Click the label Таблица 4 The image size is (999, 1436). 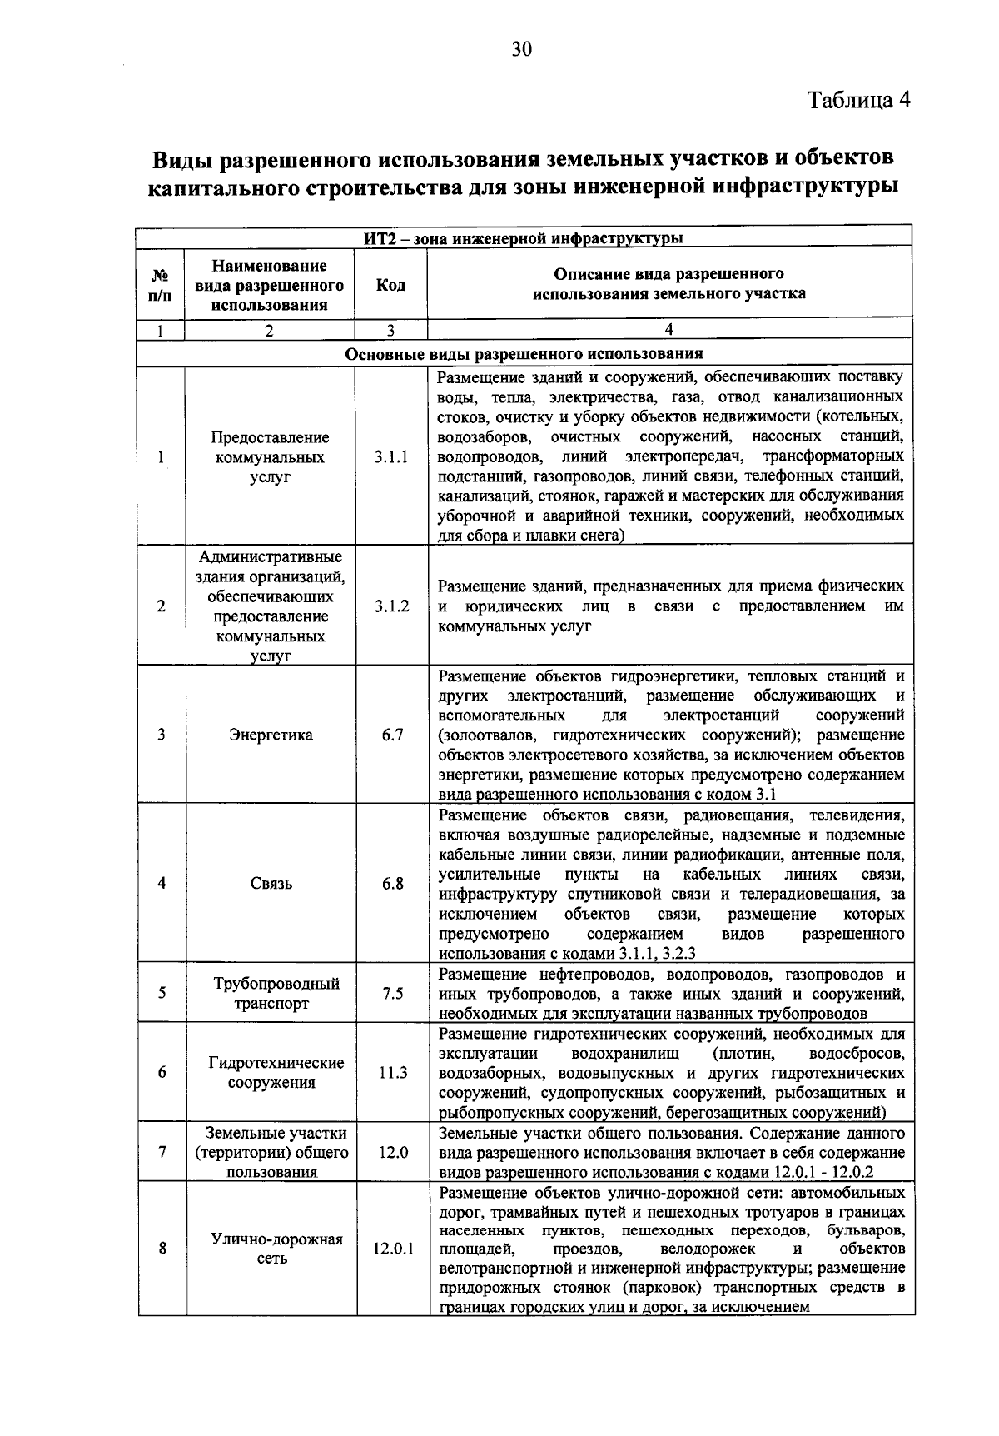click(x=859, y=100)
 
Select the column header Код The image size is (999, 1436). click(x=390, y=285)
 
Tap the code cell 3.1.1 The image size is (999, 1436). click(x=390, y=457)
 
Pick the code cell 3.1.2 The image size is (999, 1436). click(x=390, y=606)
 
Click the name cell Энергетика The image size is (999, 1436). click(x=271, y=735)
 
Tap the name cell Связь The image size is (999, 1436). click(x=271, y=884)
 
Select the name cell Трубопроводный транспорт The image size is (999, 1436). click(x=271, y=993)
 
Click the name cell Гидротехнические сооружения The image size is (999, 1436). click(x=271, y=1073)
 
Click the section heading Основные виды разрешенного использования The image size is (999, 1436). click(x=524, y=353)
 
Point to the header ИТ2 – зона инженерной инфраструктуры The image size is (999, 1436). click(x=524, y=239)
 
